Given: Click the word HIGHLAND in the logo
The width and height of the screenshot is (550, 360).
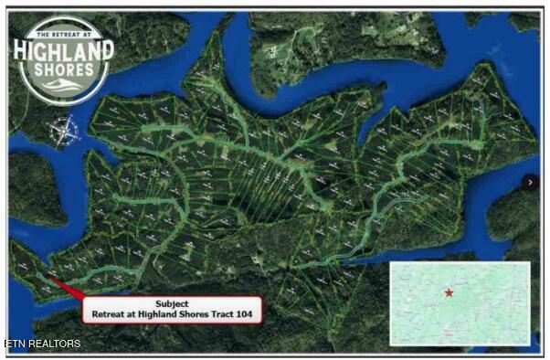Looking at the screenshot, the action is point(61,50).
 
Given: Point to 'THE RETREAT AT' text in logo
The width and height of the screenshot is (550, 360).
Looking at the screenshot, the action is point(61,31).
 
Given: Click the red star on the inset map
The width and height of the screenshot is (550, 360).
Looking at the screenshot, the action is point(449,292).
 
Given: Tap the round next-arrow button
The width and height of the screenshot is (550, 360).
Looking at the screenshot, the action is point(530,183).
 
